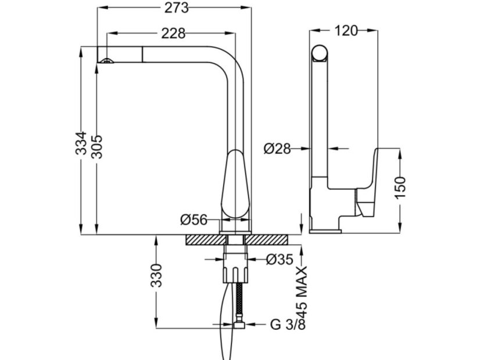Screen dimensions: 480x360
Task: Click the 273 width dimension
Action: (176, 8)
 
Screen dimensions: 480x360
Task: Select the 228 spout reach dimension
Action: (173, 33)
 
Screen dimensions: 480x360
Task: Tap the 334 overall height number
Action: (81, 143)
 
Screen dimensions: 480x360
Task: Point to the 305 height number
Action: (98, 146)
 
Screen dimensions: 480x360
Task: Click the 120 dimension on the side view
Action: (346, 31)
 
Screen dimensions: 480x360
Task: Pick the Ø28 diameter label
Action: (277, 149)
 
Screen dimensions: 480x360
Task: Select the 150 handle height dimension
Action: (400, 188)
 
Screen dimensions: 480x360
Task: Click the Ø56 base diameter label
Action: (194, 219)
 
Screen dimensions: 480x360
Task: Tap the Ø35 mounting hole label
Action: (280, 260)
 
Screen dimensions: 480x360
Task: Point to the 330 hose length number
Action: (156, 275)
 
